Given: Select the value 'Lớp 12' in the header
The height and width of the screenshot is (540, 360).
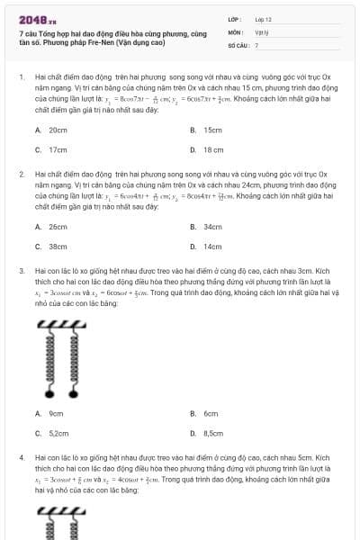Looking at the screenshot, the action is [x=263, y=18].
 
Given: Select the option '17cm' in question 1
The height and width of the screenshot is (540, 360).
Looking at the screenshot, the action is [x=58, y=149].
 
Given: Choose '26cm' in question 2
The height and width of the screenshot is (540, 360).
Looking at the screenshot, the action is [x=58, y=227].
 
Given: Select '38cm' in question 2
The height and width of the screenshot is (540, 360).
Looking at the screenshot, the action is [x=58, y=246].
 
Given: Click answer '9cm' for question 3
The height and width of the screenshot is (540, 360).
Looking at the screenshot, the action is [x=56, y=413].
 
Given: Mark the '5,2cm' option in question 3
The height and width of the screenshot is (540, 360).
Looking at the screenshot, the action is [x=58, y=433].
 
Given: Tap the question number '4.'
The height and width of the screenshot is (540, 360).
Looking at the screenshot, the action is [x=21, y=458].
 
